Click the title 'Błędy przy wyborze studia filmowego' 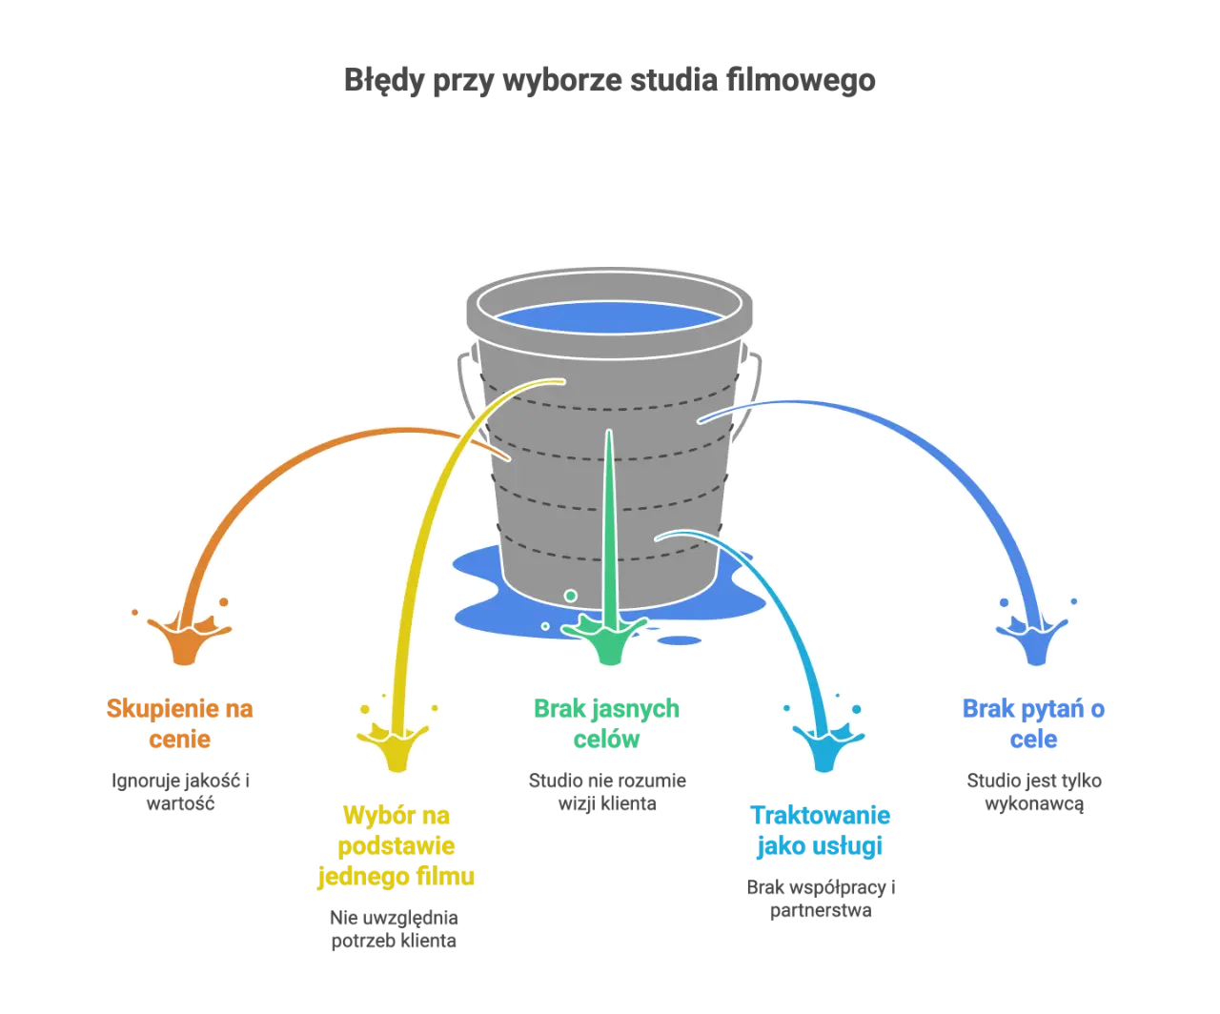[x=609, y=81]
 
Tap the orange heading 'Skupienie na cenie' [x=180, y=723]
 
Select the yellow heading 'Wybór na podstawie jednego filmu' [x=396, y=845]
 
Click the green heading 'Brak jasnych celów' [x=606, y=723]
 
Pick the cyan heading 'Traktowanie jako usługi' [x=821, y=831]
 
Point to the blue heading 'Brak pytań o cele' [x=1033, y=723]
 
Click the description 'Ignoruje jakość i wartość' [x=180, y=792]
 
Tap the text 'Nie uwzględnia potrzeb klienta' [x=394, y=929]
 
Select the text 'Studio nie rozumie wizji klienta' [x=607, y=792]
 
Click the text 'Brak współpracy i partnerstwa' [x=821, y=899]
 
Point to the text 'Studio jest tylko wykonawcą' [x=1034, y=792]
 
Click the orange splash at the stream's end [x=186, y=637]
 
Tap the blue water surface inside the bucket [x=609, y=318]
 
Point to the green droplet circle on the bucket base [x=571, y=596]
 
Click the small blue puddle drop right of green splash [x=680, y=640]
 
